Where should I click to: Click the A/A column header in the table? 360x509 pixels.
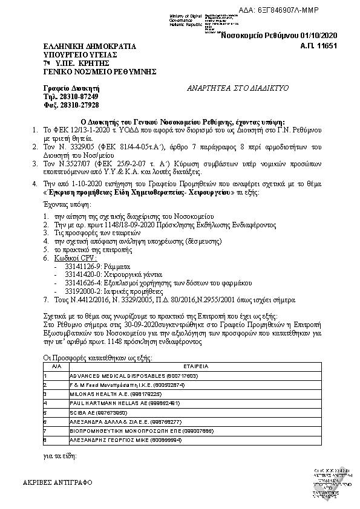point(56,366)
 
